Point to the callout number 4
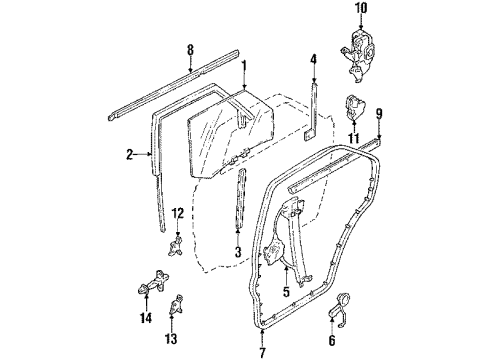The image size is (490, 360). point(313,59)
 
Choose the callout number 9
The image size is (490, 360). point(379,115)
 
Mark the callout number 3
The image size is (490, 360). point(238,253)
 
